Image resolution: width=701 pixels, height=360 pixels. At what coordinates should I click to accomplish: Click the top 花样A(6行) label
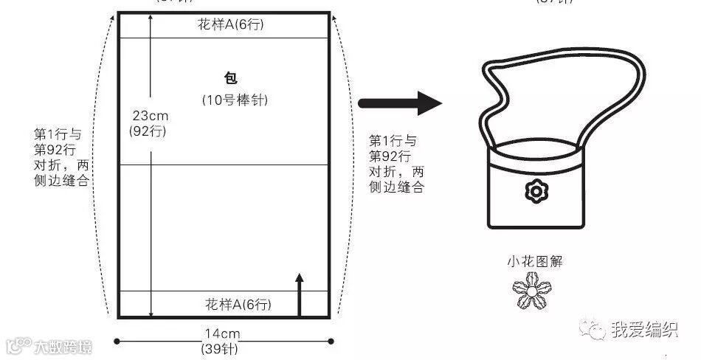(230, 25)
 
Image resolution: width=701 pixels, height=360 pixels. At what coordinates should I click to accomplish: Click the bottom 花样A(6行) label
(230, 304)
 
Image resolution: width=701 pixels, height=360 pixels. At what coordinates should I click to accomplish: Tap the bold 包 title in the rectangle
(231, 78)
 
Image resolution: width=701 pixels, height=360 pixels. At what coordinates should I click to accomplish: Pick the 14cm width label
(222, 334)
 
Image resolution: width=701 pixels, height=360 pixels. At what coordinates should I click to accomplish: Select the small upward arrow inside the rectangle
(299, 294)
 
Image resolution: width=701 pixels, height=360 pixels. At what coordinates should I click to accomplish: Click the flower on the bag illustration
(536, 192)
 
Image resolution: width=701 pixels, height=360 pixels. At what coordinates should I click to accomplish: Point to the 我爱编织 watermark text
(643, 330)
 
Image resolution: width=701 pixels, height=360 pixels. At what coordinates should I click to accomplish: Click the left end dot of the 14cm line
(117, 341)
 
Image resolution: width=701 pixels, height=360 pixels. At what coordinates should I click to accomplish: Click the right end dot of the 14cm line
(331, 341)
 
